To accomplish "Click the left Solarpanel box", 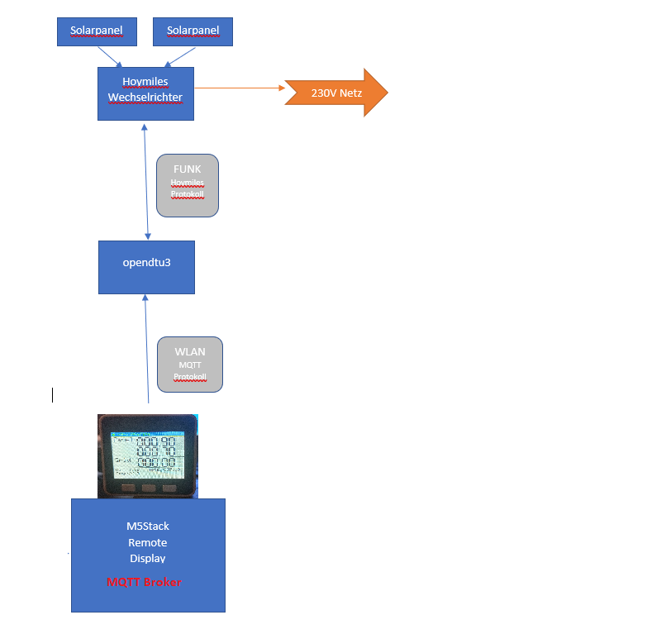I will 96,31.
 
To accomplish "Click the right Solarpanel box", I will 193,31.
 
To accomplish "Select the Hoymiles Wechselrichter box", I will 145,93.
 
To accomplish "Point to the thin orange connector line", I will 240,88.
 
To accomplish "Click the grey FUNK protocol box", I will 187,185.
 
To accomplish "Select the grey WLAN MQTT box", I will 190,364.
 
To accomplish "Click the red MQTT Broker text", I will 144,582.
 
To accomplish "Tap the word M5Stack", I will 148,527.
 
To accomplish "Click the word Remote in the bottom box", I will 148,542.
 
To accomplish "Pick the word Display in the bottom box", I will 148,558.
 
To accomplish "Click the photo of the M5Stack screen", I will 148,455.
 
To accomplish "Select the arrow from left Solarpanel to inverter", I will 110,56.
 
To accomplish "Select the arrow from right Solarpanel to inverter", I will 182,56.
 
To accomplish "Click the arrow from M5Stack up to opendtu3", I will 147,347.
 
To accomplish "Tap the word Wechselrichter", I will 145,98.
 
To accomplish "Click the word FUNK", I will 187,169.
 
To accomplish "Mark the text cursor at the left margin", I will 53,394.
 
